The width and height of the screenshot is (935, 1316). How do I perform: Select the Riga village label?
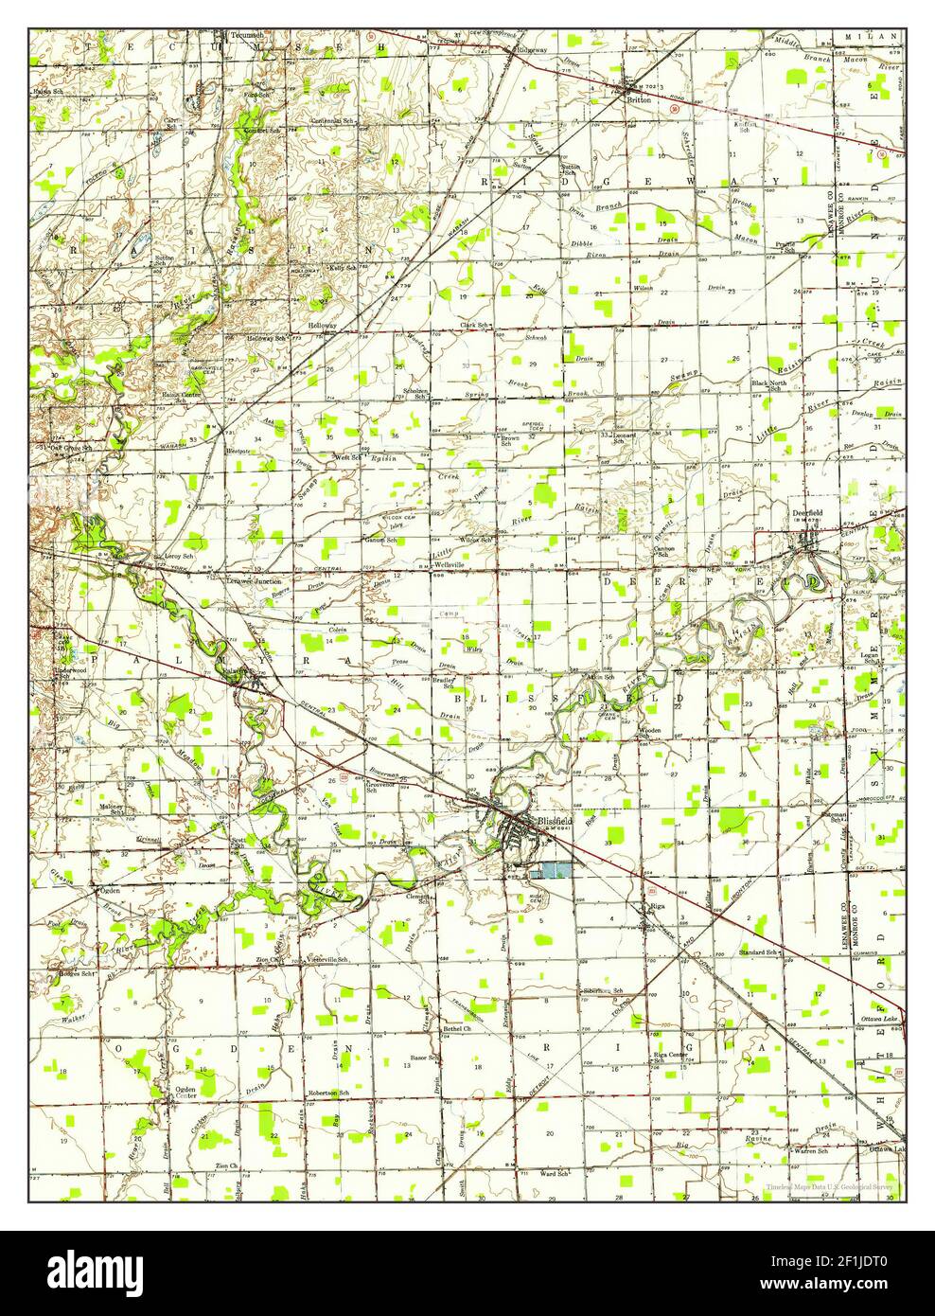(660, 906)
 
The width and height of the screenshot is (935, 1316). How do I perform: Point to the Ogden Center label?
(185, 1094)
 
